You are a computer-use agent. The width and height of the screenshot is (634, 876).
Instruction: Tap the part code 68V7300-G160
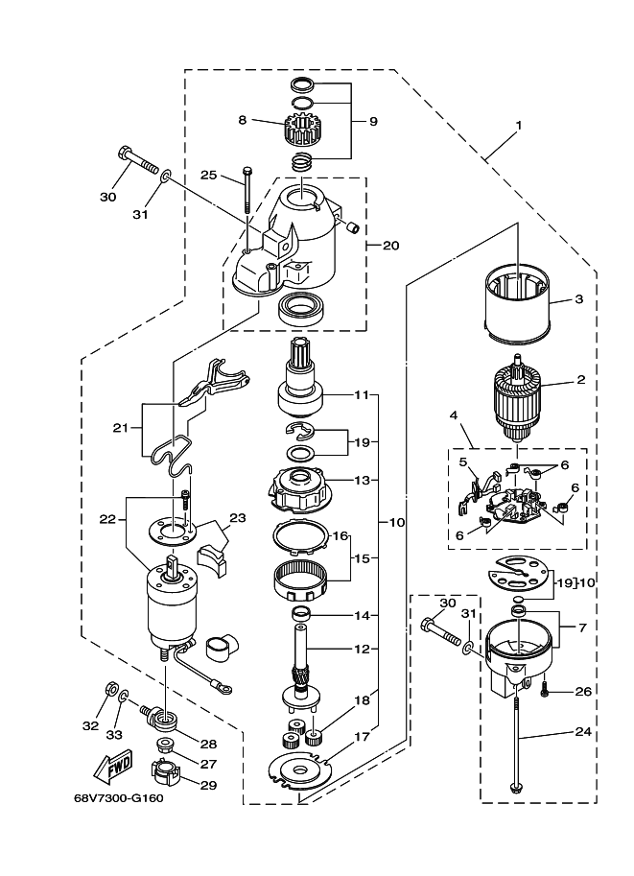click(x=118, y=797)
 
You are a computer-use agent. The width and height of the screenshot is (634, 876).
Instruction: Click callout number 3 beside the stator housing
click(x=578, y=299)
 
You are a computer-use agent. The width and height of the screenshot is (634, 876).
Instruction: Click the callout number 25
click(x=208, y=175)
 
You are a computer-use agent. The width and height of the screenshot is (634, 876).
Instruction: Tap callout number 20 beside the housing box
click(x=391, y=246)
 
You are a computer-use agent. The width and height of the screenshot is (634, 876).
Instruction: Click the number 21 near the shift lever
click(x=120, y=428)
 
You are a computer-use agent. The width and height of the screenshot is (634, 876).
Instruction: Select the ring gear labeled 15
click(x=301, y=581)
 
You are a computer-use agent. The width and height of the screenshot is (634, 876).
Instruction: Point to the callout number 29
click(x=208, y=785)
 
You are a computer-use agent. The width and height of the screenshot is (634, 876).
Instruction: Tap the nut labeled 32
click(x=110, y=688)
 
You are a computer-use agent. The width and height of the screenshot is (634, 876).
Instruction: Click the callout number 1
click(x=518, y=125)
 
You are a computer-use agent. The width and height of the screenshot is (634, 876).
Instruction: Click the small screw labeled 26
click(x=544, y=691)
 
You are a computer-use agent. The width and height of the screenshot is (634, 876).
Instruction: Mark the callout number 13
click(x=362, y=480)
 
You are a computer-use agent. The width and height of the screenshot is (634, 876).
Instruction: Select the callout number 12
click(x=362, y=649)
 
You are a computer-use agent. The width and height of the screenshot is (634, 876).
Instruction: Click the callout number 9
click(x=373, y=121)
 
